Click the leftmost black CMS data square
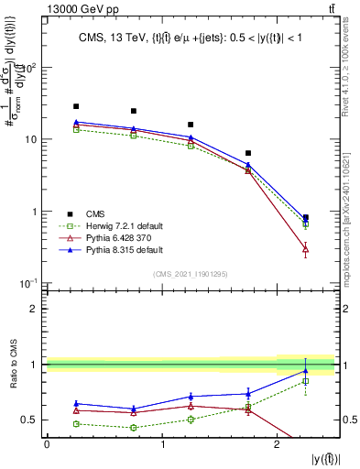pyautogui.click(x=76, y=106)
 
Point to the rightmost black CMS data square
pyautogui.click(x=305, y=218)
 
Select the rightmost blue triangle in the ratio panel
pyautogui.click(x=305, y=371)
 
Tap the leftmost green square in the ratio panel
pyautogui.click(x=76, y=423)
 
